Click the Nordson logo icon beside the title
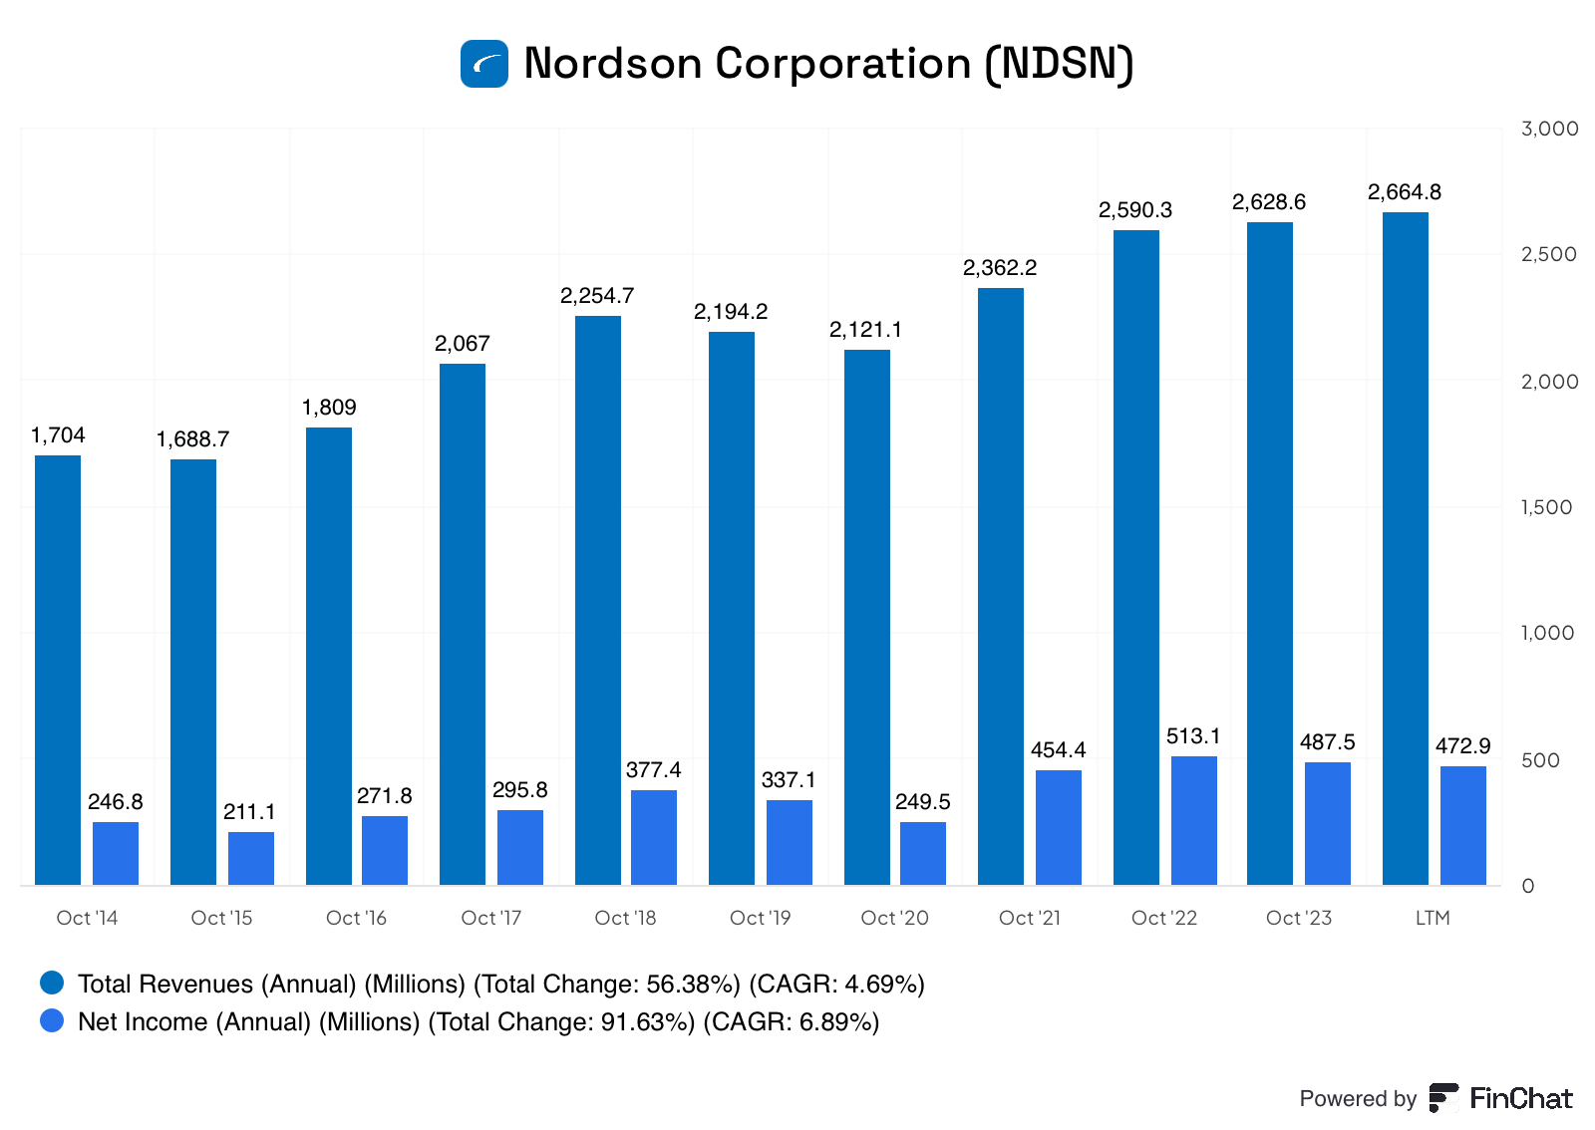[x=484, y=64]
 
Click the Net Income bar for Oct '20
[x=923, y=853]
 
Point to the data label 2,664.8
[x=1404, y=192]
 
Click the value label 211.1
[x=249, y=812]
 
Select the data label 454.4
[x=1058, y=750]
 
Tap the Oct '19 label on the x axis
[x=760, y=918]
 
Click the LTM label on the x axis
[x=1433, y=918]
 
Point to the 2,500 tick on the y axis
[x=1548, y=254]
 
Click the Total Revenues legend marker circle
[x=52, y=984]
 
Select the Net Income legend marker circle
[x=52, y=1021]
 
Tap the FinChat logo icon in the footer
[x=1443, y=1098]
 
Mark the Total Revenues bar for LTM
[x=1406, y=548]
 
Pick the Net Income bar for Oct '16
[x=385, y=850]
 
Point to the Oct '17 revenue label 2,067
[x=462, y=344]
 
